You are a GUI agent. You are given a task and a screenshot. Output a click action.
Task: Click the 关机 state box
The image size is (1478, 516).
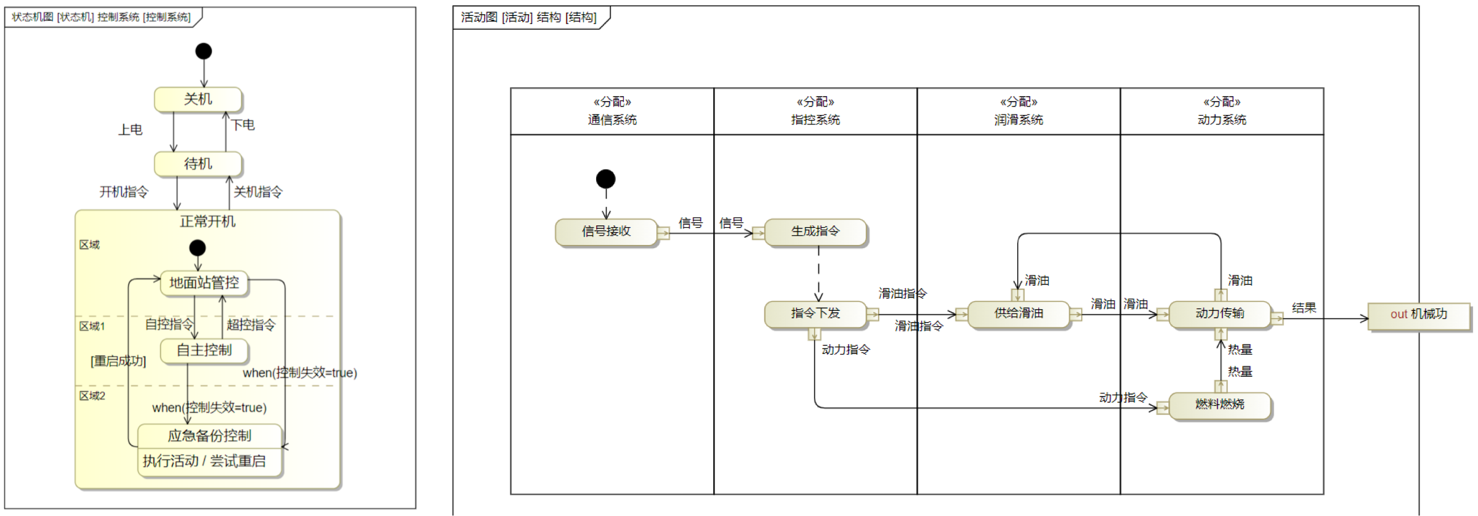pos(198,99)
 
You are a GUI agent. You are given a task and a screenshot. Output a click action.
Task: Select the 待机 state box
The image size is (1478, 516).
pos(198,164)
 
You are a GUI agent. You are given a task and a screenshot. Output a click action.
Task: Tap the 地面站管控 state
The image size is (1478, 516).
pos(204,283)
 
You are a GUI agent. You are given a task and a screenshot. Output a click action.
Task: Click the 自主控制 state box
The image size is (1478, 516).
pos(204,350)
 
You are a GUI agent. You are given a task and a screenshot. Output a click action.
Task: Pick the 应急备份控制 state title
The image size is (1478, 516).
pos(209,436)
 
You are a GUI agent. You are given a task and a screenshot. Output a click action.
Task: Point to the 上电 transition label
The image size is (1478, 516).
pos(131,129)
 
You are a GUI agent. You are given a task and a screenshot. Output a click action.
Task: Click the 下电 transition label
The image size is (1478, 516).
pos(243,124)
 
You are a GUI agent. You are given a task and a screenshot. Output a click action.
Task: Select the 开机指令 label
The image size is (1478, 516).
pos(124,191)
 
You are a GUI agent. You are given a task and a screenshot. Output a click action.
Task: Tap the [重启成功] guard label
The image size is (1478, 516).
pos(118,361)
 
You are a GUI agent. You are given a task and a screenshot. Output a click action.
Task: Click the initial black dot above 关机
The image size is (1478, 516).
pos(204,51)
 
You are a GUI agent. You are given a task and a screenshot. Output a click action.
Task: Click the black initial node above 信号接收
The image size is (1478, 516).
pos(606,179)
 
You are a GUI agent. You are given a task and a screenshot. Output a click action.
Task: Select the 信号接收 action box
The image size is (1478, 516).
pos(606,232)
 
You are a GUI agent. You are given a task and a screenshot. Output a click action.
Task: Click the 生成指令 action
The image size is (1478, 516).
pos(815,232)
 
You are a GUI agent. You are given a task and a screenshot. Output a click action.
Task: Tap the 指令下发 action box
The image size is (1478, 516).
pos(815,313)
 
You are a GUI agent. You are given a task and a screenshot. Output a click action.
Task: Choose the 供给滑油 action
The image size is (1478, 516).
pos(1019,313)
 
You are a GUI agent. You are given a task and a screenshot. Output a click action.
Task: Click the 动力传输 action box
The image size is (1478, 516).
pos(1219,313)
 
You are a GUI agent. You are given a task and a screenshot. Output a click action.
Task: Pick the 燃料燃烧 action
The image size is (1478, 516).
pos(1219,405)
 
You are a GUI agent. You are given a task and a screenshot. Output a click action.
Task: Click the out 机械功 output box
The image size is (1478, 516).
pos(1418,314)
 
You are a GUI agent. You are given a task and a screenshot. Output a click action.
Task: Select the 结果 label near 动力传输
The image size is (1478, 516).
pos(1304,308)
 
